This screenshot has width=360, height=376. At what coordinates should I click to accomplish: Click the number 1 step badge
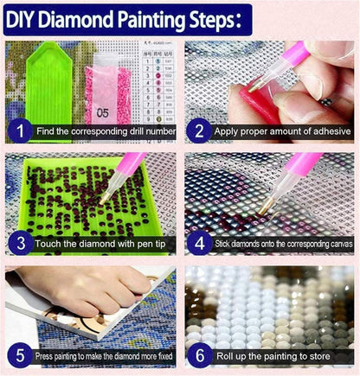click(x=18, y=131)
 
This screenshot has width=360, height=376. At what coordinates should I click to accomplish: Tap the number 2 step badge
click(x=198, y=131)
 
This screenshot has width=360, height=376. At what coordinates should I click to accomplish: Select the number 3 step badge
click(x=18, y=243)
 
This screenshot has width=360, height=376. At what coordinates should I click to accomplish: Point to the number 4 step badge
click(x=198, y=243)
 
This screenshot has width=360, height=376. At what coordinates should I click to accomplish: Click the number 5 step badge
click(x=18, y=354)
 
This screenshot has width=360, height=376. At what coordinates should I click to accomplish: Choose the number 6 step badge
click(x=198, y=354)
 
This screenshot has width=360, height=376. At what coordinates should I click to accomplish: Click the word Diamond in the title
click(x=86, y=17)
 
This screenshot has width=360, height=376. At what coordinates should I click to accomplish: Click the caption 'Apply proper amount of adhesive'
click(x=278, y=132)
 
